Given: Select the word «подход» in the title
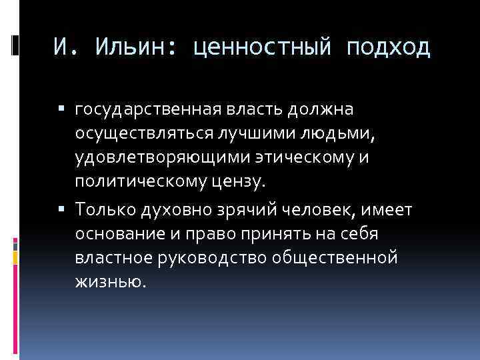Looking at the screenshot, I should coord(389,49).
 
